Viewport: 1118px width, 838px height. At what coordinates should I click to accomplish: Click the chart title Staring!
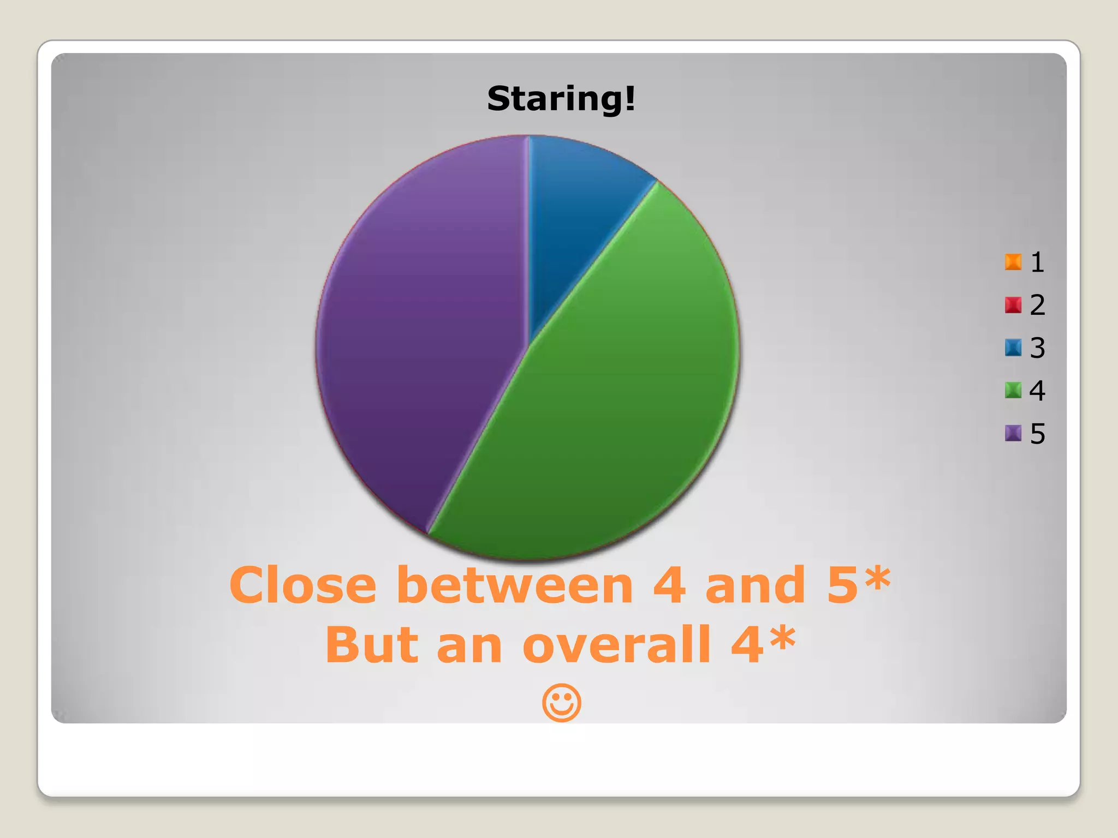click(x=561, y=99)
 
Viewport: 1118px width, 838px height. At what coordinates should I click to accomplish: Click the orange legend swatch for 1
click(x=1013, y=262)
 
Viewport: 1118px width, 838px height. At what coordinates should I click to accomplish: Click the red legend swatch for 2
click(x=1013, y=304)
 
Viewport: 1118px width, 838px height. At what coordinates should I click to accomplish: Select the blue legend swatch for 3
click(x=1013, y=348)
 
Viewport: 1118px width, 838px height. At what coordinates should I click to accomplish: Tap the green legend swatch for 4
click(x=1013, y=390)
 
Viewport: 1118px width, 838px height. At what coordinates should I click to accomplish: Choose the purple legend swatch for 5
click(x=1013, y=433)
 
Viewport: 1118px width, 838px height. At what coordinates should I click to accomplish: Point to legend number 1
click(x=1037, y=262)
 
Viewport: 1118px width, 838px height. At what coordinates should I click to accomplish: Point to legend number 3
click(x=1037, y=348)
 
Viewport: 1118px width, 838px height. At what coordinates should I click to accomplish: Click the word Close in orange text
click(x=303, y=585)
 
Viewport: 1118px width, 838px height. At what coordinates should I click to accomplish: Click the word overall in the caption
click(x=617, y=645)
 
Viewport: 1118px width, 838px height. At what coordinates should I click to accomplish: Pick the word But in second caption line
click(x=371, y=645)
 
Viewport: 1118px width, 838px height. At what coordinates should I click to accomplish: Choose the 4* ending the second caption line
click(x=763, y=644)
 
